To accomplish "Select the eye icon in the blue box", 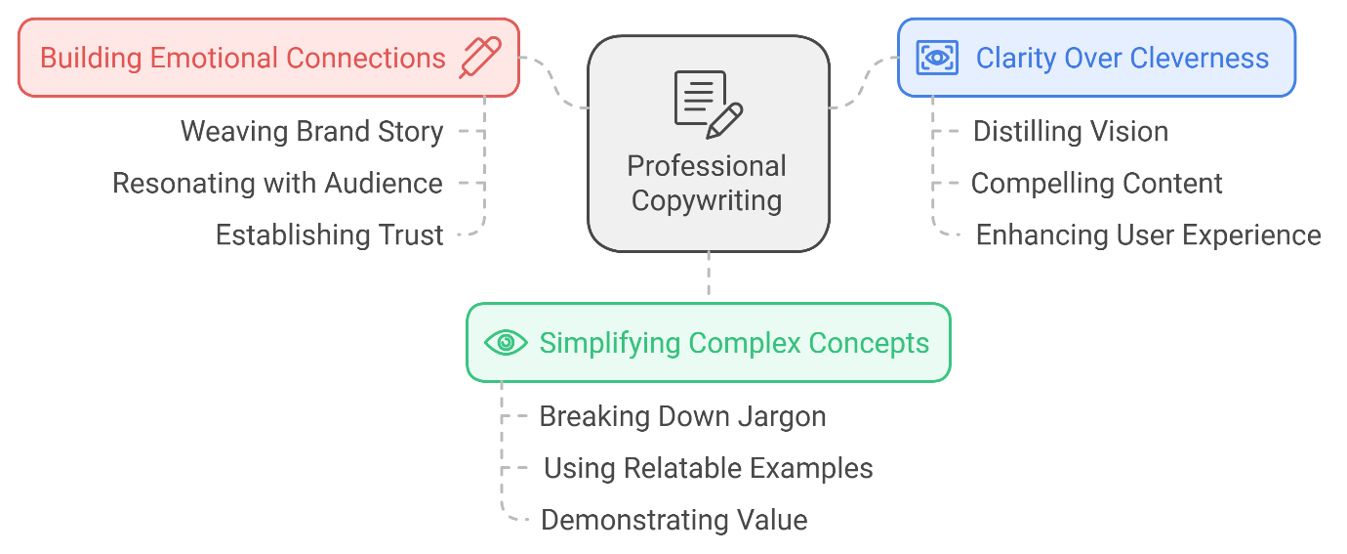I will click(937, 58).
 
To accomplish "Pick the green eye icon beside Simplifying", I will click(506, 343).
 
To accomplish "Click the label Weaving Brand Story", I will click(312, 132).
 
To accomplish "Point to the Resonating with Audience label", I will click(277, 184).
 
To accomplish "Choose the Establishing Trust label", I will click(329, 235).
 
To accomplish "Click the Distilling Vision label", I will click(1071, 132).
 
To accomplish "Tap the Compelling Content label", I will click(1096, 184).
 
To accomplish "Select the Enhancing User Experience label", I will click(1148, 235).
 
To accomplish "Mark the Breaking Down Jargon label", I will click(682, 416).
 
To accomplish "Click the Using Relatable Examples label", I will click(708, 468).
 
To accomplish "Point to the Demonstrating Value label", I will click(673, 520).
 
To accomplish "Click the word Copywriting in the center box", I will click(707, 201).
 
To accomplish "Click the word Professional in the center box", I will click(707, 166).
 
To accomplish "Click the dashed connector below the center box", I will click(708, 277).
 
